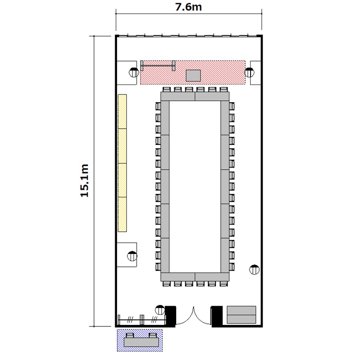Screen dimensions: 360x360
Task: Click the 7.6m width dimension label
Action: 189,7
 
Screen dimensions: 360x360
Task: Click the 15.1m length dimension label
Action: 84,180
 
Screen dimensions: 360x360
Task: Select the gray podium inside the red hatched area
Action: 193,75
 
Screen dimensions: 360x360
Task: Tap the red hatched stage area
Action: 193,72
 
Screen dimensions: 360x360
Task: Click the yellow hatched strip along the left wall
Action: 122,163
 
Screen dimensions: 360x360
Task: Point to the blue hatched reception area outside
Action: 140,340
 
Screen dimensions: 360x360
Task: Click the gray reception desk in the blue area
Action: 141,342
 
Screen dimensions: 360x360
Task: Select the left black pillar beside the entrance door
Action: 170,316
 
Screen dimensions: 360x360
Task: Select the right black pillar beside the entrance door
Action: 217,316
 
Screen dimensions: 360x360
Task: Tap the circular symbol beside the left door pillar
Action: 160,310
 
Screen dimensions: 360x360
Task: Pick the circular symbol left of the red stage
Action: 134,72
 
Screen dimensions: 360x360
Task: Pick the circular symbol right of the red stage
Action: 249,72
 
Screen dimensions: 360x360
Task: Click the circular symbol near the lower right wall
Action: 254,270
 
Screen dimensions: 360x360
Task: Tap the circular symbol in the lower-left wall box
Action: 132,256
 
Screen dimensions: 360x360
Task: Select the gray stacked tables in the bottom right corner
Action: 241,314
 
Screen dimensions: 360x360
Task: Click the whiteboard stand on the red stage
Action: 158,66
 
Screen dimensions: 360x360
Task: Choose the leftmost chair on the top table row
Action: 167,90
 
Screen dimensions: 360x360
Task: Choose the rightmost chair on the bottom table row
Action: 224,284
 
